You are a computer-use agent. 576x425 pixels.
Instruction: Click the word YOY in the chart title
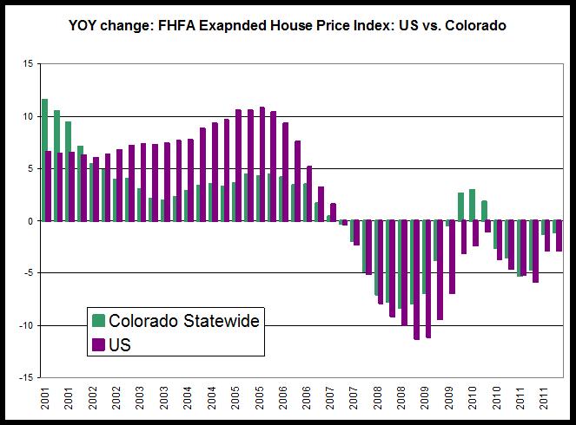click(85, 27)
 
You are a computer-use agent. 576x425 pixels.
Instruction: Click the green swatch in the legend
click(99, 321)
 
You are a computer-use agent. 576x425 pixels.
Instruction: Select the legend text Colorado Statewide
click(183, 321)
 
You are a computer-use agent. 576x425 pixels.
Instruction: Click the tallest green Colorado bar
click(44, 160)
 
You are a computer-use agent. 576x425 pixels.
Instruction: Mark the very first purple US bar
click(50, 186)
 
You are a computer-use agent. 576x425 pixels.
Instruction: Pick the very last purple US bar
click(559, 236)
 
